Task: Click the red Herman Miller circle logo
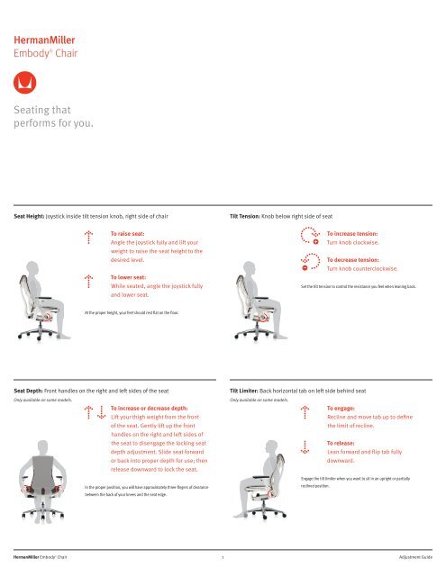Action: [27, 84]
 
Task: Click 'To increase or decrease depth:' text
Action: [161, 408]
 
